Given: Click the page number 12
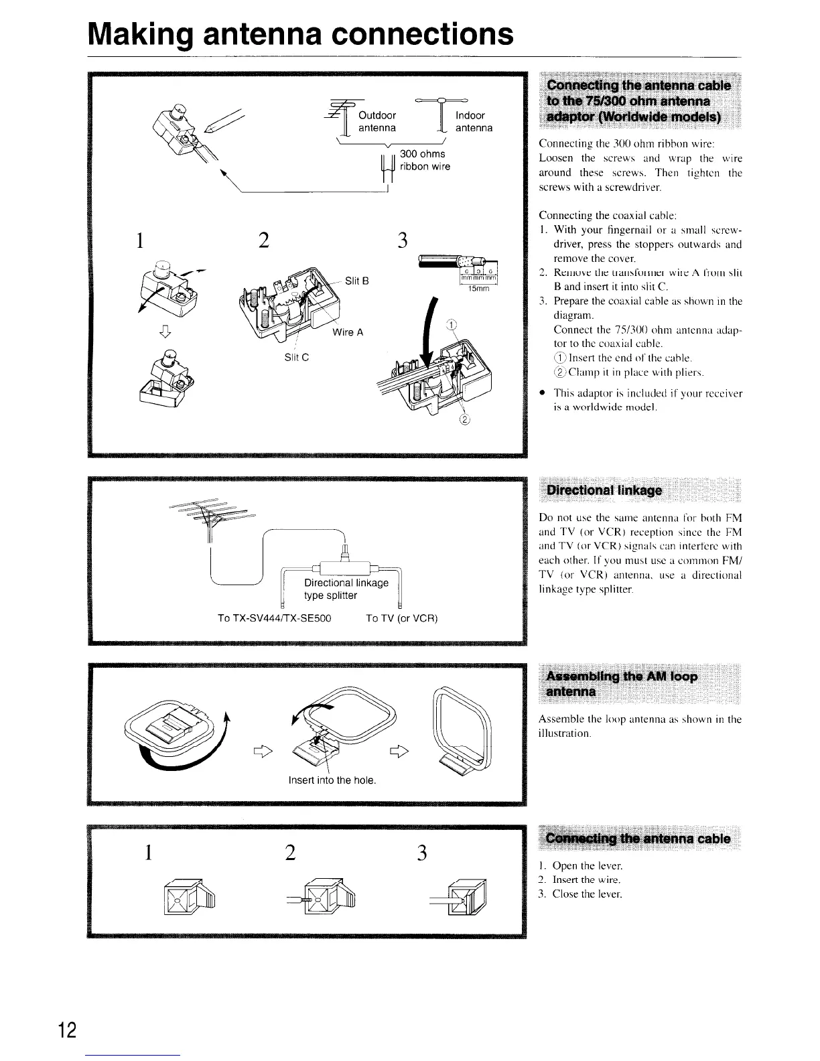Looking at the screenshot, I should [68, 1030].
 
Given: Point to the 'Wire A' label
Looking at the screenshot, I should [348, 332].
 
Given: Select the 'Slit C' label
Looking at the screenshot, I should [296, 357].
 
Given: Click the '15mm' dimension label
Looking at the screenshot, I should [478, 289].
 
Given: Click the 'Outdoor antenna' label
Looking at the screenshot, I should [377, 121].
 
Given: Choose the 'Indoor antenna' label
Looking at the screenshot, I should [474, 121].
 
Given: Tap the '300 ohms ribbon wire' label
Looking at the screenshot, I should [424, 160].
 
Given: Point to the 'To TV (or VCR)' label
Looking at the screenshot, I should [402, 618].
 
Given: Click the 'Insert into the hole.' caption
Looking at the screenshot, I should [332, 780].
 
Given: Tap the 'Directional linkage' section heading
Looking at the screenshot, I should [604, 490].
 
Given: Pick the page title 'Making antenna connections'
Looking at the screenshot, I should [301, 33].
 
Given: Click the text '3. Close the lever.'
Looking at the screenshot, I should [581, 894].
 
